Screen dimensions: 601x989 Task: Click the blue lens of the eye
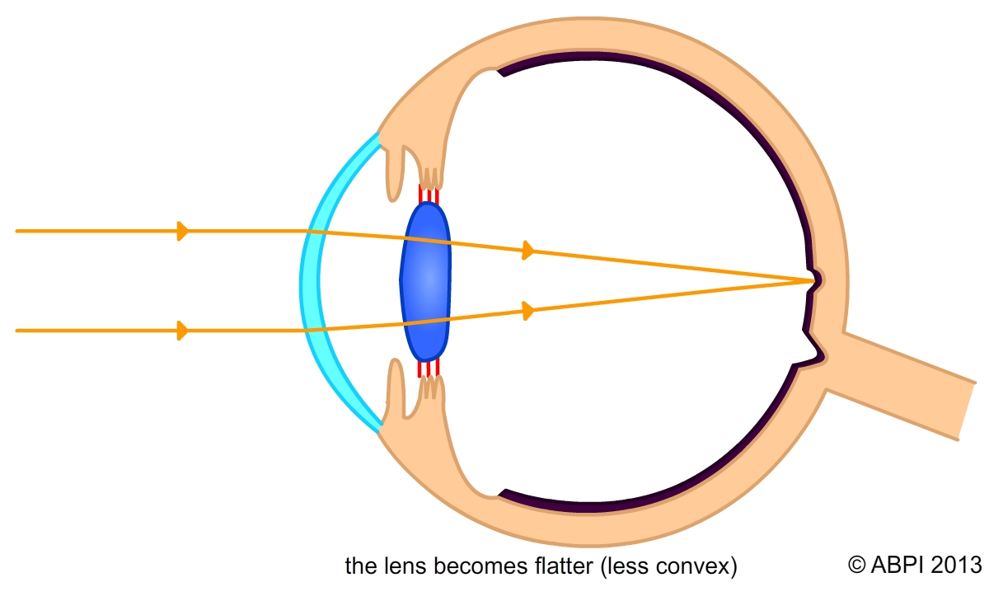pyautogui.click(x=425, y=280)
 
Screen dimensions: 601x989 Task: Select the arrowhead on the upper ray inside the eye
pyautogui.click(x=528, y=251)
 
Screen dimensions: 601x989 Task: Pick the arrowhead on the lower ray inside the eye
pyautogui.click(x=528, y=311)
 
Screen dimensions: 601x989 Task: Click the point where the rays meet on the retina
pyautogui.click(x=812, y=281)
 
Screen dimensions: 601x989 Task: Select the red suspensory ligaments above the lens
pyautogui.click(x=429, y=195)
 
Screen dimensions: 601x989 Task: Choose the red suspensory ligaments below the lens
pyautogui.click(x=429, y=368)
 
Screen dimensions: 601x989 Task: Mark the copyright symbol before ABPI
pyautogui.click(x=857, y=565)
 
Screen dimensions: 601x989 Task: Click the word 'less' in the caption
pyautogui.click(x=638, y=566)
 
